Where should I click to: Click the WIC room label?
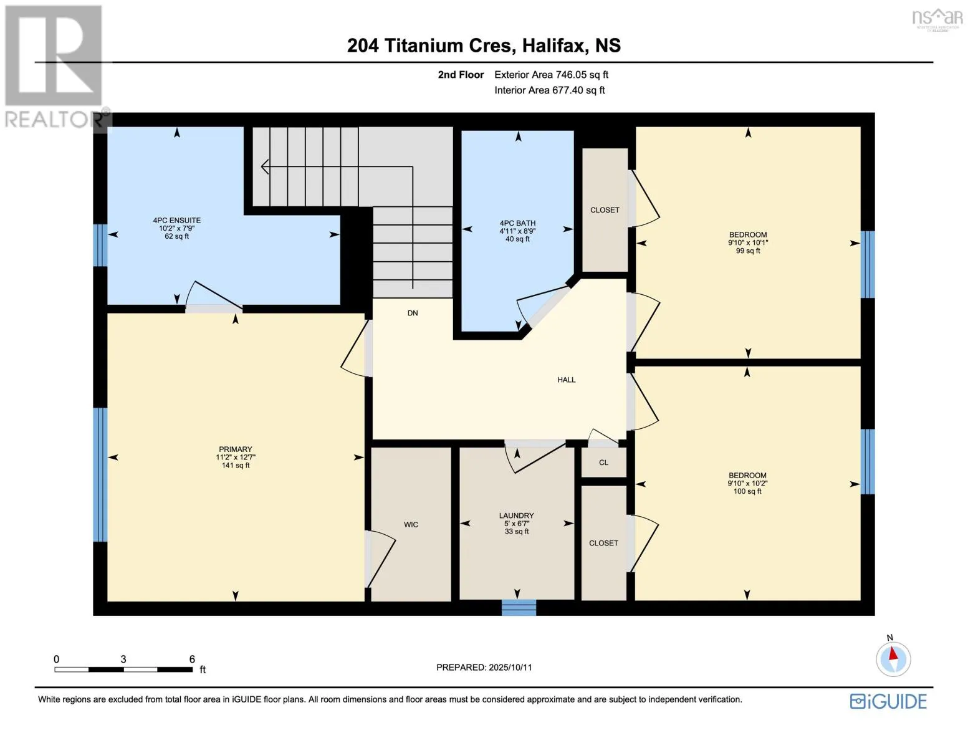[x=411, y=524]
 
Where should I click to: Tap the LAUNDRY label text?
[x=516, y=515]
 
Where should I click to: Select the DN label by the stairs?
[x=413, y=313]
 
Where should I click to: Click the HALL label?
[x=566, y=380]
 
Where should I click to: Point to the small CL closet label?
[x=603, y=463]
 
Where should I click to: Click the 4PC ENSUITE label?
[x=177, y=220]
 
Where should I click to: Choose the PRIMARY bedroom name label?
[x=235, y=449]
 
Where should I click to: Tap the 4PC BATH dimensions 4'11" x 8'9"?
[x=517, y=231]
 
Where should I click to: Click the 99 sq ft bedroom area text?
[x=748, y=251]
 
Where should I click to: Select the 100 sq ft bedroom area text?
[x=747, y=491]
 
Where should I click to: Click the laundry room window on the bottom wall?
[x=519, y=607]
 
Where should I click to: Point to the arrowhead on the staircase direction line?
[x=264, y=166]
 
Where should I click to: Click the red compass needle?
[x=893, y=654]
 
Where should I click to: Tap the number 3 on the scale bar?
[x=123, y=659]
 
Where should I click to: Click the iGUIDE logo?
[x=888, y=701]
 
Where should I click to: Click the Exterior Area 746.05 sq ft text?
[x=551, y=75]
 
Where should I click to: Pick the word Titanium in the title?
[x=448, y=46]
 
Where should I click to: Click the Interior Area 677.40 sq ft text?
[x=550, y=90]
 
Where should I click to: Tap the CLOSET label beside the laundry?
[x=603, y=543]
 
